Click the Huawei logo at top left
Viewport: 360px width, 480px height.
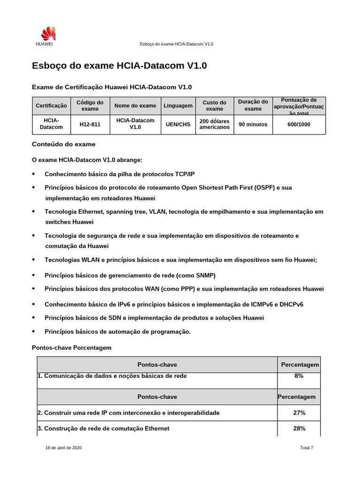coord(47,34)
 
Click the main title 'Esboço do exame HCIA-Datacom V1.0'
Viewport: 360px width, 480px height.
coord(119,66)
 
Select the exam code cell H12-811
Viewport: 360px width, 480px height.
coord(90,124)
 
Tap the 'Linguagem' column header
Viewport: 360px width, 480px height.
coord(178,106)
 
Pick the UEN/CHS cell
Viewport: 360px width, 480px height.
coord(178,124)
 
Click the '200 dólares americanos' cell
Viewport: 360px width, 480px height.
coord(214,124)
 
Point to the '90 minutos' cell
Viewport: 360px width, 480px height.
coord(253,124)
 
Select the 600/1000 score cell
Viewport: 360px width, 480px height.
coord(299,124)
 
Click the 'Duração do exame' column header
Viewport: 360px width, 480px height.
coord(253,105)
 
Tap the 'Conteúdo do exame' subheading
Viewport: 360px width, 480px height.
coord(63,144)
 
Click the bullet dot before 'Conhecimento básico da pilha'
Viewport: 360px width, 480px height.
coord(33,174)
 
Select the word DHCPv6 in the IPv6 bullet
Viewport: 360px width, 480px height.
coord(292,304)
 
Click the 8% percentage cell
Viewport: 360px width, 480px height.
coord(299,375)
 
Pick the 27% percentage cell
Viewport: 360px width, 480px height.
coord(299,412)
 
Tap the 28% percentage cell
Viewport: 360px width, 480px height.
coord(299,428)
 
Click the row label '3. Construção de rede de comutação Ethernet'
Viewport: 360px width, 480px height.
coord(103,428)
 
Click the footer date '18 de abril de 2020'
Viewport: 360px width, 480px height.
coord(63,448)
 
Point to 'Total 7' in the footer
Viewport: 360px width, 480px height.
coord(306,448)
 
